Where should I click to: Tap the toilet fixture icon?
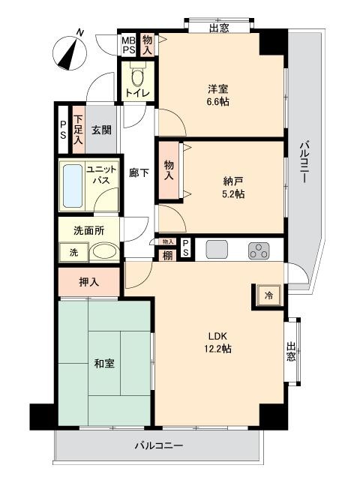pos(137,76)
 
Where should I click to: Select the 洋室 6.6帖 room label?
pos(218,94)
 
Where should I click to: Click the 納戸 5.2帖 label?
pos(233,187)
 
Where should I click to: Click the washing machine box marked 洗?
pos(73,253)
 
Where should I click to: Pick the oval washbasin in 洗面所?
pos(103,253)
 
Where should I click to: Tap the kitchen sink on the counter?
pos(217,250)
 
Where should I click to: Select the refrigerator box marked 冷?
pos(267,295)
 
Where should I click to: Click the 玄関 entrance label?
pos(101,130)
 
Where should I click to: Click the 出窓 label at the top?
pos(219,28)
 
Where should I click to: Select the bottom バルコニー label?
pos(158,445)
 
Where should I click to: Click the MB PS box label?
pos(129,44)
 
